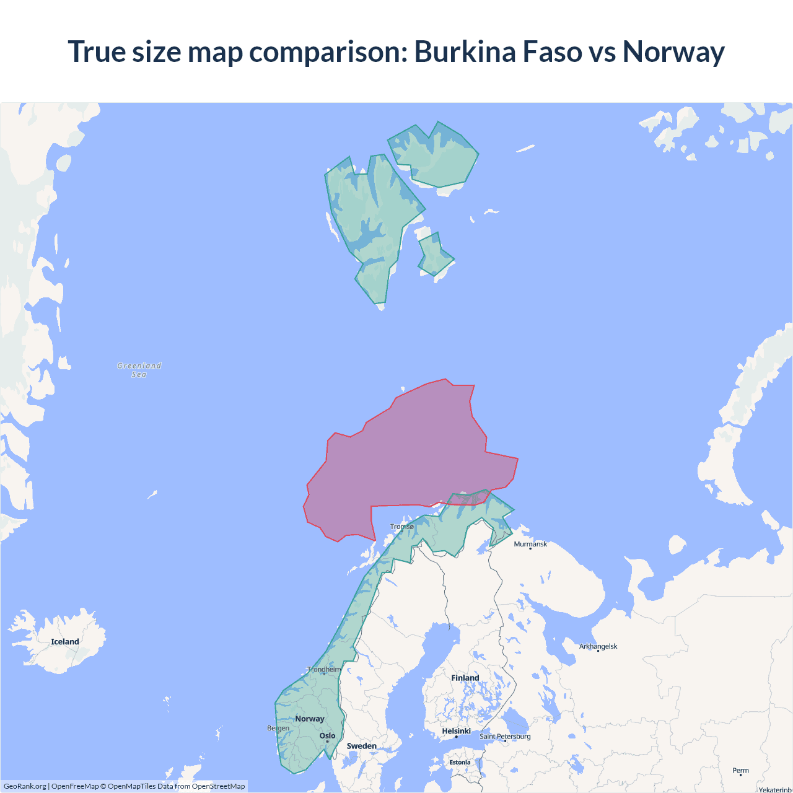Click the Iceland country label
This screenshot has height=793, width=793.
click(65, 642)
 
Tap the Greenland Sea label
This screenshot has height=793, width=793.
click(139, 370)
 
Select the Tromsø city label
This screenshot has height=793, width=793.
click(402, 527)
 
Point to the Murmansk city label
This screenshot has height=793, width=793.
click(530, 544)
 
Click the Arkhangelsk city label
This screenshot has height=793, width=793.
click(598, 646)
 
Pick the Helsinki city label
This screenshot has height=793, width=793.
click(456, 731)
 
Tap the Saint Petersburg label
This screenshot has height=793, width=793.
click(505, 736)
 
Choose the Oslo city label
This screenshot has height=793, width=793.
click(327, 736)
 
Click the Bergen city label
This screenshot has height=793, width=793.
click(278, 728)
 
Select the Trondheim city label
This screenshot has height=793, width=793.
click(324, 669)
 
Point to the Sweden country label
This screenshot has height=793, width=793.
click(362, 746)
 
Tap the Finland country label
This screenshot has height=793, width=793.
click(465, 678)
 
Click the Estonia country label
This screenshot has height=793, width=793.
click(460, 763)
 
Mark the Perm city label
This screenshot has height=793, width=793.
click(740, 771)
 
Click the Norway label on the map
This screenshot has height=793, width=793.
click(310, 719)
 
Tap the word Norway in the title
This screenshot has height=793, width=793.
click(673, 51)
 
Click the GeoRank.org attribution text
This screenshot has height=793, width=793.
click(25, 786)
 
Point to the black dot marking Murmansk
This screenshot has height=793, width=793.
click(530, 548)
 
